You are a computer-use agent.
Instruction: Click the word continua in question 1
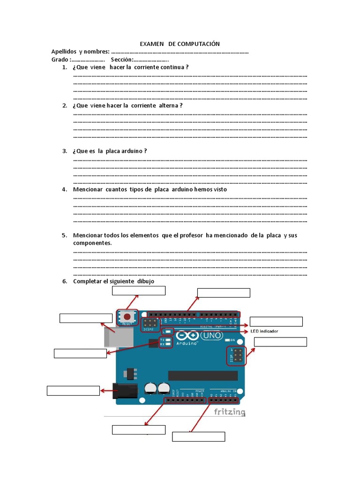tap(172, 67)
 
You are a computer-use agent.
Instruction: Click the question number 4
tap(65, 189)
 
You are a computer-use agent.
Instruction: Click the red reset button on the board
tap(127, 316)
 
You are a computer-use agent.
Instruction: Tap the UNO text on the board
tap(211, 336)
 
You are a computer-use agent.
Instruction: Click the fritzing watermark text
tap(230, 412)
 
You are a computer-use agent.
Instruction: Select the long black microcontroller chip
tap(203, 375)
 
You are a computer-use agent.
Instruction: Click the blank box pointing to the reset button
tap(139, 291)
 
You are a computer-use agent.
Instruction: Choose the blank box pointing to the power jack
tap(73, 390)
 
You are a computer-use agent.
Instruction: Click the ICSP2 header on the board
tap(150, 323)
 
